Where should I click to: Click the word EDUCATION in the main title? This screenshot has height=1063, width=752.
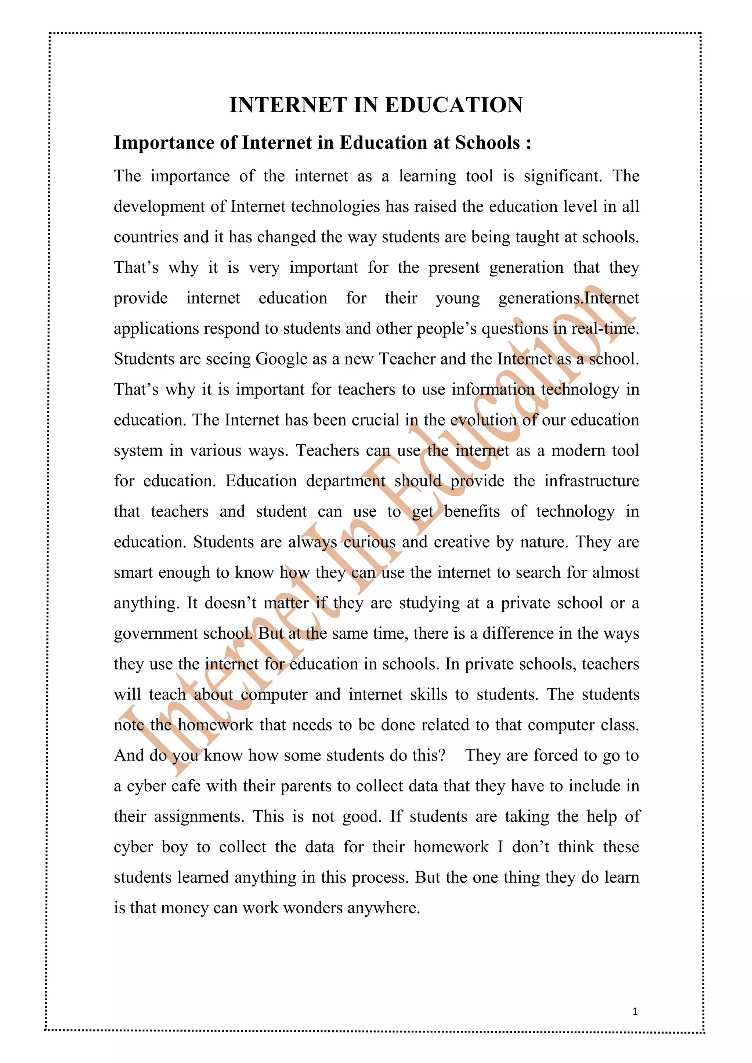pyautogui.click(x=454, y=105)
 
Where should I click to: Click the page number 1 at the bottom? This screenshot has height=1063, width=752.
pyautogui.click(x=635, y=1012)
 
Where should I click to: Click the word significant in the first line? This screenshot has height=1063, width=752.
pyautogui.click(x=563, y=176)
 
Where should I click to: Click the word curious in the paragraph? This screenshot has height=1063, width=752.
pyautogui.click(x=369, y=542)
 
